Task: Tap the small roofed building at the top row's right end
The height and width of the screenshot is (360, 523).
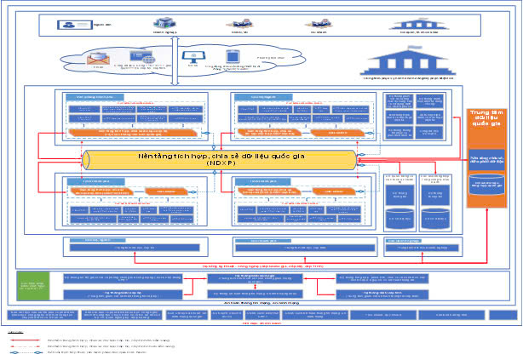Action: [418, 25]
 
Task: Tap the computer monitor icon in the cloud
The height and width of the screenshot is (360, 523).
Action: [193, 56]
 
